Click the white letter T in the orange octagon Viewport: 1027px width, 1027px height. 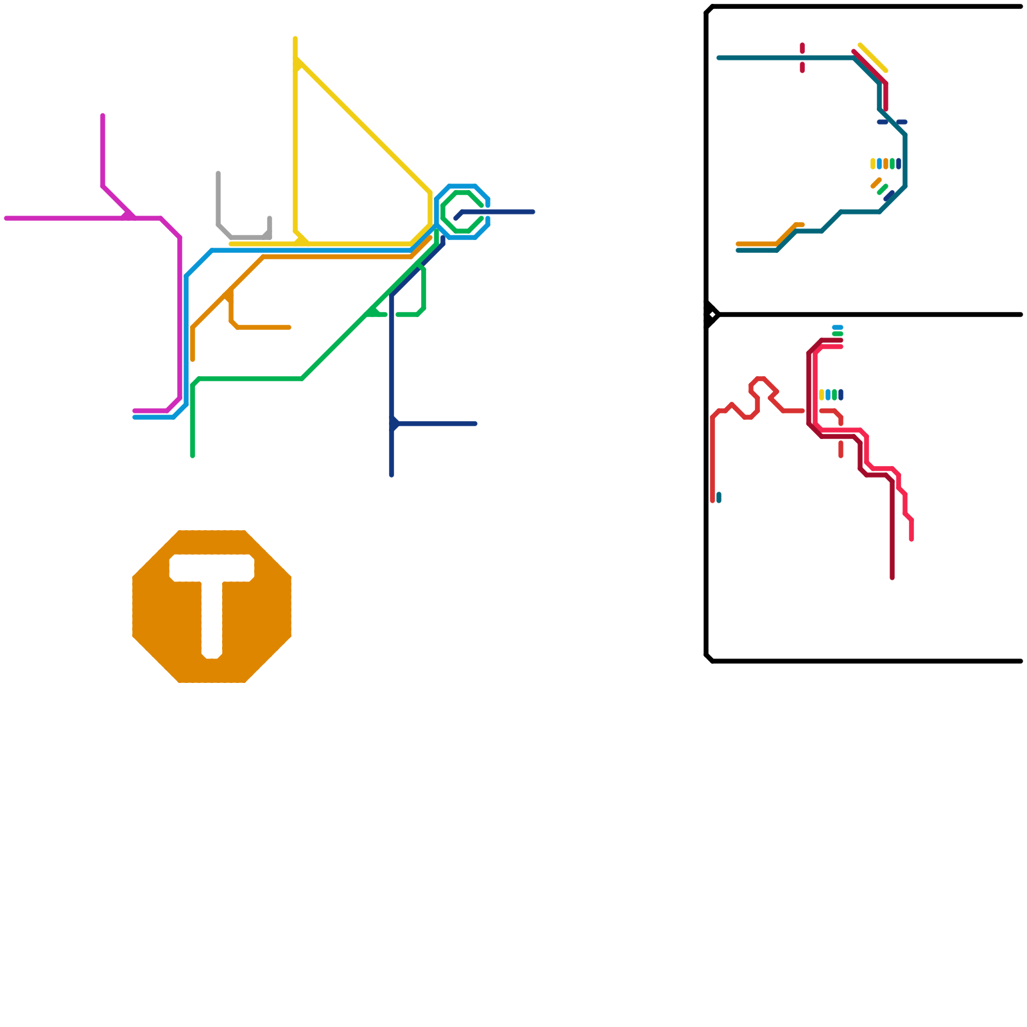click(x=212, y=597)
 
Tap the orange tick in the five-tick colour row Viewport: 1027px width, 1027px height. click(x=886, y=164)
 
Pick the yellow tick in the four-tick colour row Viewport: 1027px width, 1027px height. click(x=822, y=395)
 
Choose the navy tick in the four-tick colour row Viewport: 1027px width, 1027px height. click(x=841, y=395)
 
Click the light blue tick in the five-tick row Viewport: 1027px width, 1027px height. click(x=879, y=164)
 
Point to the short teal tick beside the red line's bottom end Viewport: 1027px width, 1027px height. click(x=719, y=497)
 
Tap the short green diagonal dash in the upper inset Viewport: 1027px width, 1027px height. click(x=883, y=189)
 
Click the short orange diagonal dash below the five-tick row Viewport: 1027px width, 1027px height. click(x=876, y=183)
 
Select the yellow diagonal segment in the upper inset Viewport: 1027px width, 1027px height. click(x=873, y=58)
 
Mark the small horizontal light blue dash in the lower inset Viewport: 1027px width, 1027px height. click(x=838, y=327)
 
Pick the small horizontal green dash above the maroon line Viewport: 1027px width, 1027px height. click(x=838, y=334)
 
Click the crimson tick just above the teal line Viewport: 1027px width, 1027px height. click(x=802, y=48)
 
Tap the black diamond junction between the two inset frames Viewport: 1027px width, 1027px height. click(x=712, y=315)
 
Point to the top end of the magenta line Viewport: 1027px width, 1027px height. click(x=103, y=116)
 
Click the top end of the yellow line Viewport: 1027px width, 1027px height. click(x=295, y=39)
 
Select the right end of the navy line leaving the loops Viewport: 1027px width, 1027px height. click(x=532, y=212)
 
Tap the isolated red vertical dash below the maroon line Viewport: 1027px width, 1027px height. click(x=841, y=449)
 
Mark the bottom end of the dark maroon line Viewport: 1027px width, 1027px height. click(x=892, y=577)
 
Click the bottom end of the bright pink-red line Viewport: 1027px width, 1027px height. click(x=911, y=539)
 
